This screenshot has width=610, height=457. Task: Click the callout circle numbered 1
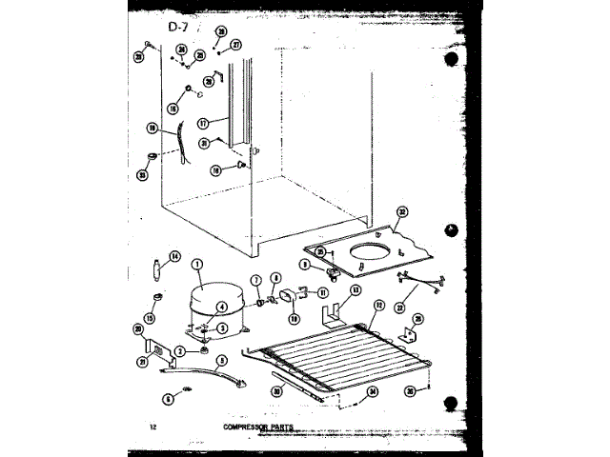pos(198,264)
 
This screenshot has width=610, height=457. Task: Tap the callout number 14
pos(174,255)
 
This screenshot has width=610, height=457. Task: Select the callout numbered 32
pos(402,212)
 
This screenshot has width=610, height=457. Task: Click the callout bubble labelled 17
pos(202,122)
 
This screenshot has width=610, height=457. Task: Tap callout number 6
pos(169,400)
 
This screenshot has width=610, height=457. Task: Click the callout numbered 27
pos(236,44)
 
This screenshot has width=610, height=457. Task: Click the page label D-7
pos(182,26)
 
